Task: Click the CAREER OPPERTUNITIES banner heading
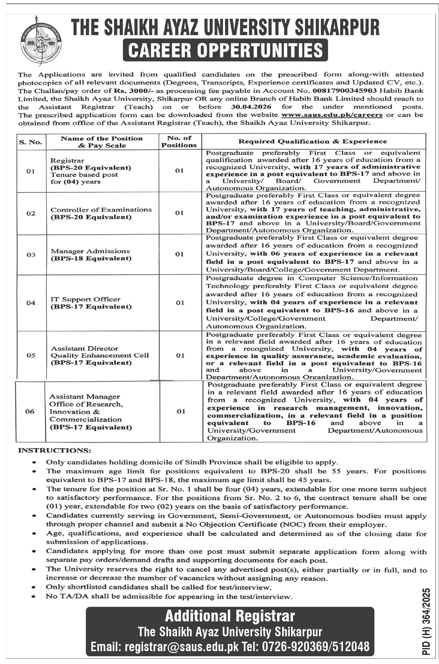[x=226, y=50]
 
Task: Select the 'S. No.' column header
[x=31, y=142]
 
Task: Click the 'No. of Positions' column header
[x=180, y=141]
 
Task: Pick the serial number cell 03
[x=31, y=255]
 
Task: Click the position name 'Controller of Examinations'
[x=101, y=210]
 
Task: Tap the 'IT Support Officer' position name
[x=86, y=299]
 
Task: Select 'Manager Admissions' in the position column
[x=90, y=251]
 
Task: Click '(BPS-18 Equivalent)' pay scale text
[x=91, y=258]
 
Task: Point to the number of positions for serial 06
[x=181, y=412]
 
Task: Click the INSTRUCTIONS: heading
[x=55, y=450]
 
